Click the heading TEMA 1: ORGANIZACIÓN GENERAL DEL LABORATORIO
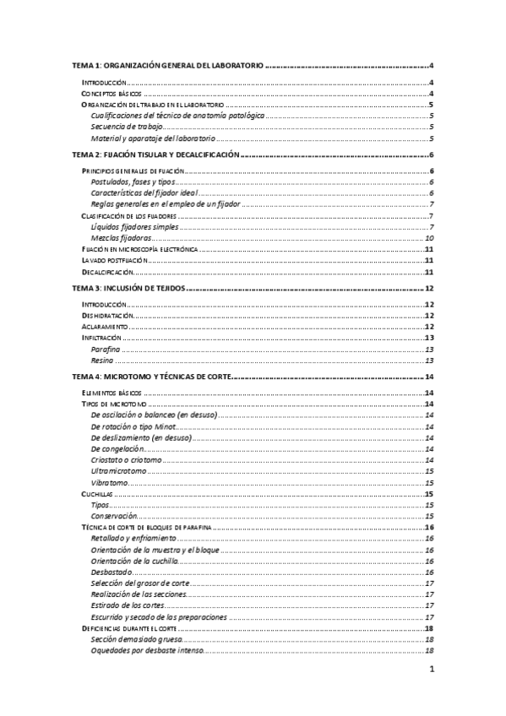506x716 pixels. click(x=168, y=65)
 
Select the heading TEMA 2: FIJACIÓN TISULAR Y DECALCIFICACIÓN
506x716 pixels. click(x=158, y=155)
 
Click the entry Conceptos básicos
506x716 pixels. click(x=106, y=93)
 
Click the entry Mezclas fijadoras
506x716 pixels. click(x=117, y=238)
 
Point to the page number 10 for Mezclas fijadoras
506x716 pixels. click(x=429, y=238)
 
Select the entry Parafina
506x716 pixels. click(x=105, y=349)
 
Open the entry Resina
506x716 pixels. click(x=102, y=361)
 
